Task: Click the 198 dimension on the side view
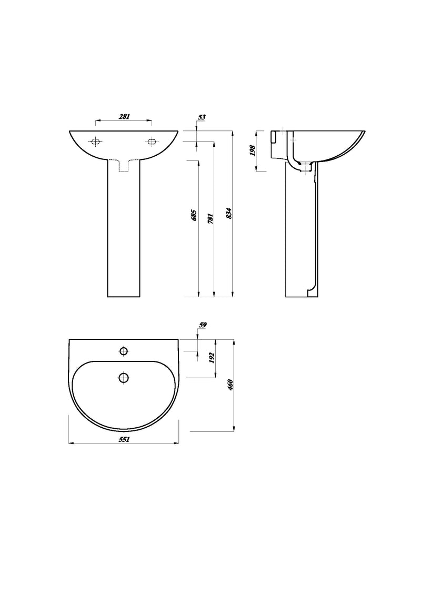pos(253,151)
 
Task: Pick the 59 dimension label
pos(202,325)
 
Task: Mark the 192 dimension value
pos(212,358)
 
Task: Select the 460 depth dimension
pos(230,385)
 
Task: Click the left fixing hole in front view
pos(96,142)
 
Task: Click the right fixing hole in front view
pos(152,142)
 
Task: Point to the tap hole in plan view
pos(124,351)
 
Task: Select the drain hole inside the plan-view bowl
pos(124,377)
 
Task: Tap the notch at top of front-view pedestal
pos(124,166)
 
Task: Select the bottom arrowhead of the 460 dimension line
pos(233,429)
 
